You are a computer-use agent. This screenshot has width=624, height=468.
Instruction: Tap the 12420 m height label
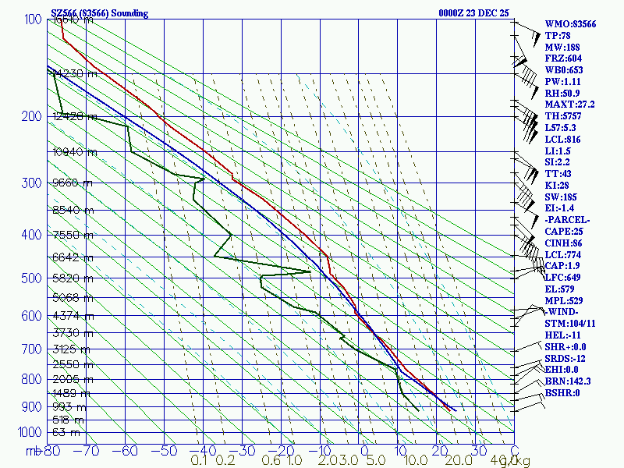pyautogui.click(x=75, y=116)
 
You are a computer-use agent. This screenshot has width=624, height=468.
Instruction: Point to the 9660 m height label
pyautogui.click(x=72, y=183)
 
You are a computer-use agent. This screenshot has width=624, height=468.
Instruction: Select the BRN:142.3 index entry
pyautogui.click(x=568, y=381)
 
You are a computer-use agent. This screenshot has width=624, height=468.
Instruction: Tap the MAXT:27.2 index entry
pyautogui.click(x=569, y=105)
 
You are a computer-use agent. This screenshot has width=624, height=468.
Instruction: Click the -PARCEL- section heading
pyautogui.click(x=568, y=220)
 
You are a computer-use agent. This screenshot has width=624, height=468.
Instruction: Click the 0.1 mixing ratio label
pyautogui.click(x=199, y=461)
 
